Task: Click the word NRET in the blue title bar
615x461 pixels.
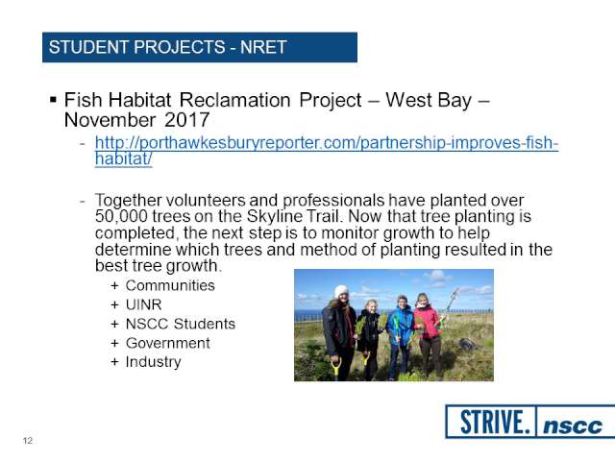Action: tap(263, 47)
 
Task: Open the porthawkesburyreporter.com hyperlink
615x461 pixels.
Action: tap(327, 151)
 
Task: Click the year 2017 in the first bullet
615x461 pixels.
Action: tap(187, 120)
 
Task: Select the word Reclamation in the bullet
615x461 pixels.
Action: tap(234, 100)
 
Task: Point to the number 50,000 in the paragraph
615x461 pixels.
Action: tap(121, 216)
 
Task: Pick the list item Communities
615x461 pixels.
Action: tap(170, 285)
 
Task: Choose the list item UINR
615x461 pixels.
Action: tap(143, 304)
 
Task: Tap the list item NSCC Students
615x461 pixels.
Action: tap(181, 324)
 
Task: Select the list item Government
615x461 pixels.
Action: tap(168, 343)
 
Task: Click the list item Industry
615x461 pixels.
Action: tap(154, 362)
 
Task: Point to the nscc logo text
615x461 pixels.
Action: tap(573, 425)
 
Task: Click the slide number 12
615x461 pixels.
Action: tap(28, 441)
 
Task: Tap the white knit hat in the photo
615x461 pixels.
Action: tap(341, 291)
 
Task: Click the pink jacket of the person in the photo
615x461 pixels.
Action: tap(427, 322)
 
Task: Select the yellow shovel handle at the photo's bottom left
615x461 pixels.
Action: tap(335, 370)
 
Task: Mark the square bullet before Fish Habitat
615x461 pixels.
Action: tap(54, 100)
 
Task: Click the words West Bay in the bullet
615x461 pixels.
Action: tap(429, 100)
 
